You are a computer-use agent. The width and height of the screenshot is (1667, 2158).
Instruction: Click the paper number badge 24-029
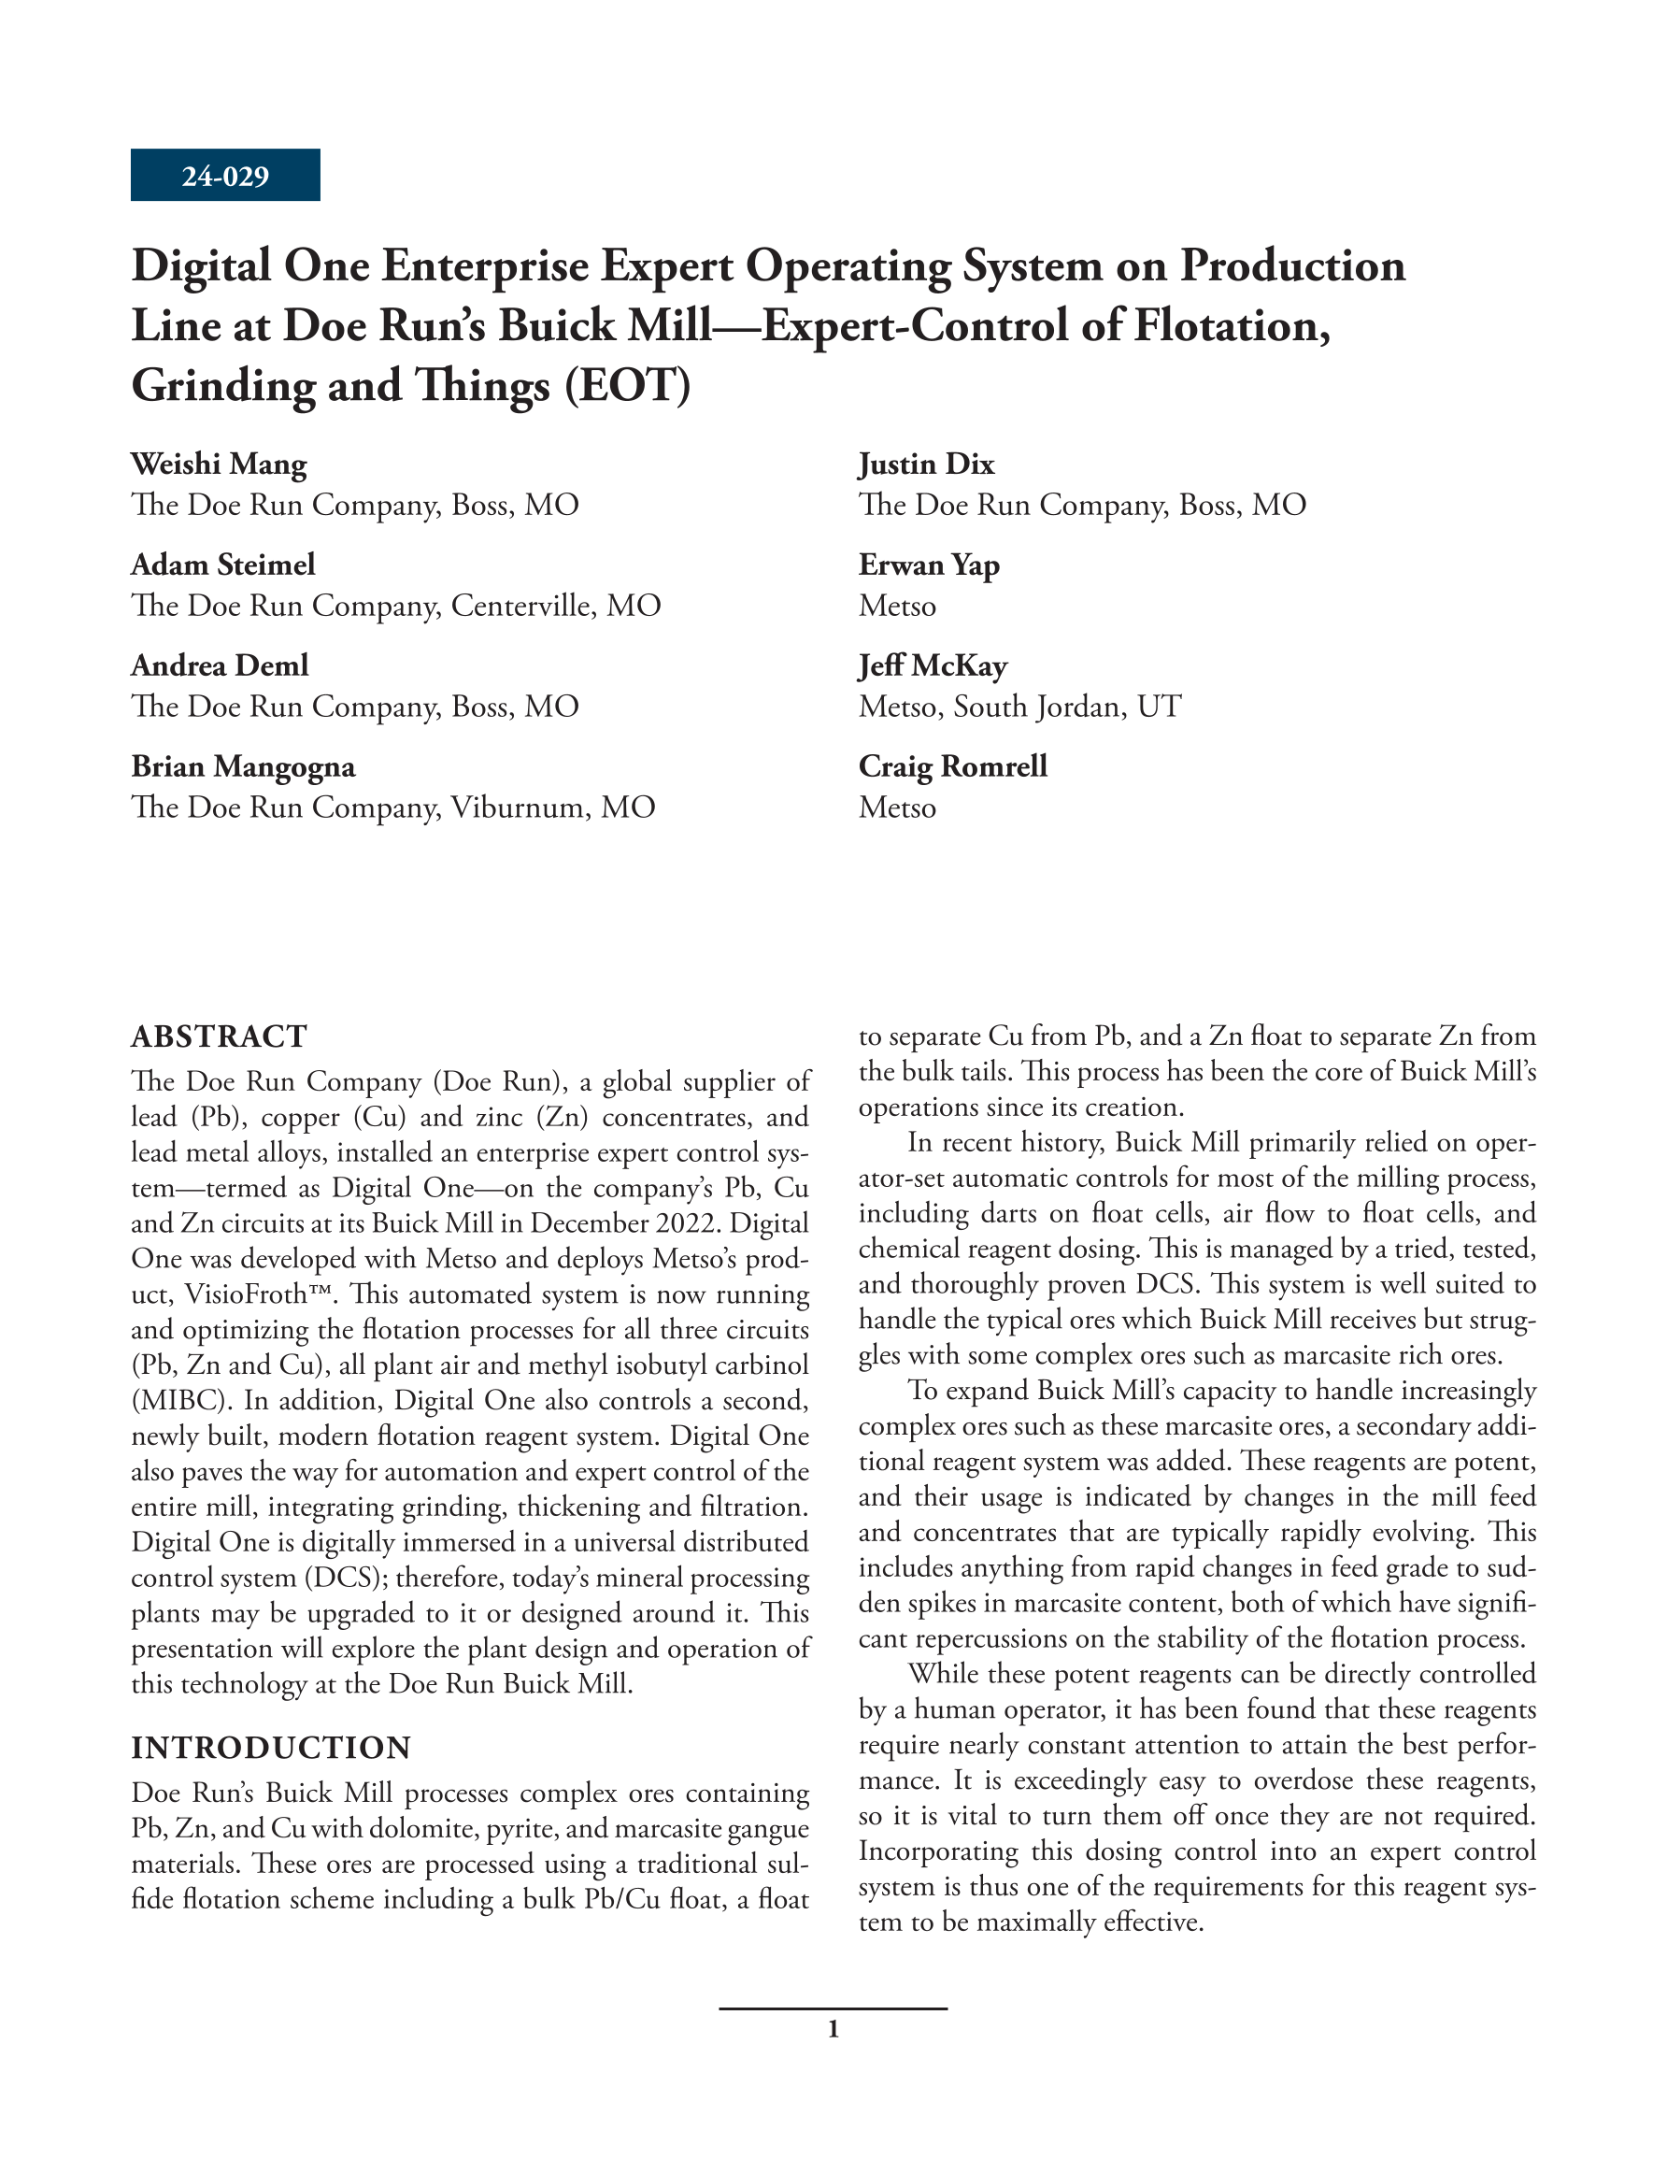coord(225,176)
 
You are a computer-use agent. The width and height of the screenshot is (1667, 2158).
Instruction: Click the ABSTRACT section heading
coord(220,1036)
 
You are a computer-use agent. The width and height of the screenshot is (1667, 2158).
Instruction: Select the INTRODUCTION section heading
coord(271,1748)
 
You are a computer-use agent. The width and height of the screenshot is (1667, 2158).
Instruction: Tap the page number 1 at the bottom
coord(833,2031)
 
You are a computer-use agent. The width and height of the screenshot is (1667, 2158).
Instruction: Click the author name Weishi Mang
coord(219,464)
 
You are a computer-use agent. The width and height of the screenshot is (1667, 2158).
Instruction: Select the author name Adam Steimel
coord(223,565)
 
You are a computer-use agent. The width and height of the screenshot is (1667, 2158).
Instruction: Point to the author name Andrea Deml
coord(220,665)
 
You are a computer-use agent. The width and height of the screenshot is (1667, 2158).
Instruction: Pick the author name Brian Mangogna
coord(243,765)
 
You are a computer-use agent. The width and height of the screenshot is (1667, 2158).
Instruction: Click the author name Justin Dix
coord(926,464)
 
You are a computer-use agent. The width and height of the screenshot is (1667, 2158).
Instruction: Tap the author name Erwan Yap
coord(929,565)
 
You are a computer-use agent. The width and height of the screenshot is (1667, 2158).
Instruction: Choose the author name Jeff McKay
coord(933,665)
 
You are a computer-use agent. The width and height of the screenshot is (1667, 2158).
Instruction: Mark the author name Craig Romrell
coord(952,765)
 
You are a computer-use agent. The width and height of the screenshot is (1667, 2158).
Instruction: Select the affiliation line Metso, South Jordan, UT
coord(1019,707)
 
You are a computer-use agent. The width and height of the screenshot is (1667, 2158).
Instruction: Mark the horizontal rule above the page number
coord(833,2008)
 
